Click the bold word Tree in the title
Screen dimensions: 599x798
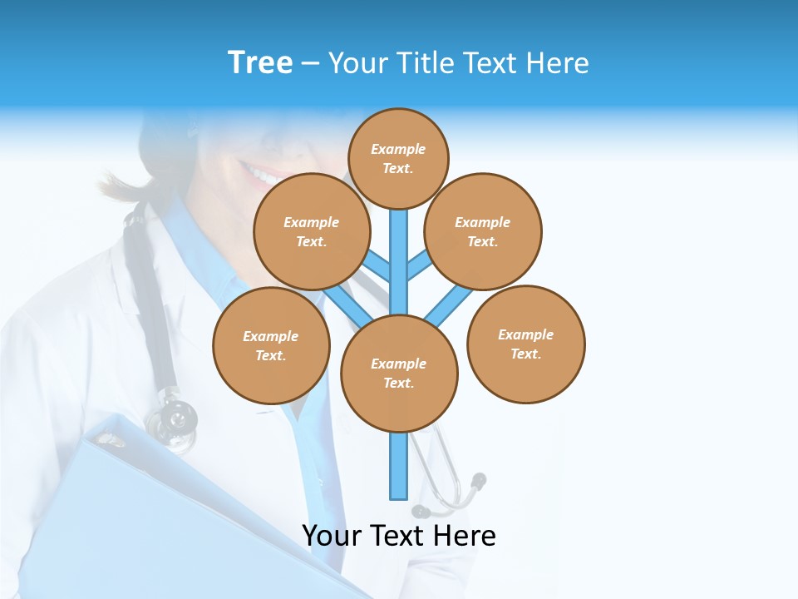coord(260,63)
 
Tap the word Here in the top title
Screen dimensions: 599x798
coord(558,63)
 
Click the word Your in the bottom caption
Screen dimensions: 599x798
coord(333,536)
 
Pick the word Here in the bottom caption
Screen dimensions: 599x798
coord(468,536)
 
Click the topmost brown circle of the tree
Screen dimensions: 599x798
coord(398,158)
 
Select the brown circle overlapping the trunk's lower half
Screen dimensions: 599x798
coord(399,373)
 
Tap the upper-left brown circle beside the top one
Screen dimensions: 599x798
coord(312,231)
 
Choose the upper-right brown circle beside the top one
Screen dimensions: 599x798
coord(483,231)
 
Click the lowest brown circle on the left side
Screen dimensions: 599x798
coord(271,345)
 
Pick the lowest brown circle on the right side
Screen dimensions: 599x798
coord(525,344)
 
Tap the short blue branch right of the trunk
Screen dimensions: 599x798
coord(418,265)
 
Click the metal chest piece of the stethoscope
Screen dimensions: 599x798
coord(172,418)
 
